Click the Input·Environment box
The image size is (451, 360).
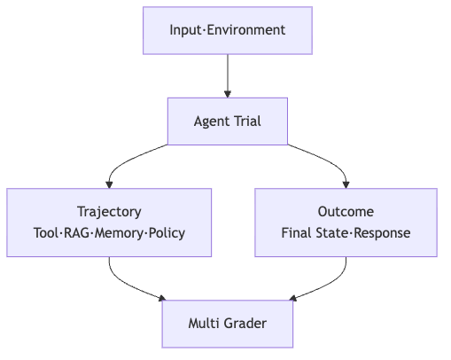point(228,30)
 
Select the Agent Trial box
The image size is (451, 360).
point(228,121)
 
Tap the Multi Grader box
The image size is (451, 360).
point(228,324)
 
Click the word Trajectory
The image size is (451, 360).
point(109,212)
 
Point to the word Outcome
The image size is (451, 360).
point(346,212)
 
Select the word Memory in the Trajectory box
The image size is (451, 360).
point(119,233)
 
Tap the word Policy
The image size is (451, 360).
point(167,233)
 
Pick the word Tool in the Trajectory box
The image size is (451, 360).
point(46,233)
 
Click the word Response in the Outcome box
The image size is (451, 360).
point(382,233)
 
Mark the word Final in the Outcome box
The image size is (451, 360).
point(297,233)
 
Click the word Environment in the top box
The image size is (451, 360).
point(246,30)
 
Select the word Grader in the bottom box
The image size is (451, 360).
point(245,324)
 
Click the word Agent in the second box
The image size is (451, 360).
point(212,121)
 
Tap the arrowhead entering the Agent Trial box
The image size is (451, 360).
point(228,94)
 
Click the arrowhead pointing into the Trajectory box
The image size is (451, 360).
point(109,184)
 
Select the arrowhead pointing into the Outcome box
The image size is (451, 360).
point(346,184)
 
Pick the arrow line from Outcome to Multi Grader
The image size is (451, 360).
point(332,285)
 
